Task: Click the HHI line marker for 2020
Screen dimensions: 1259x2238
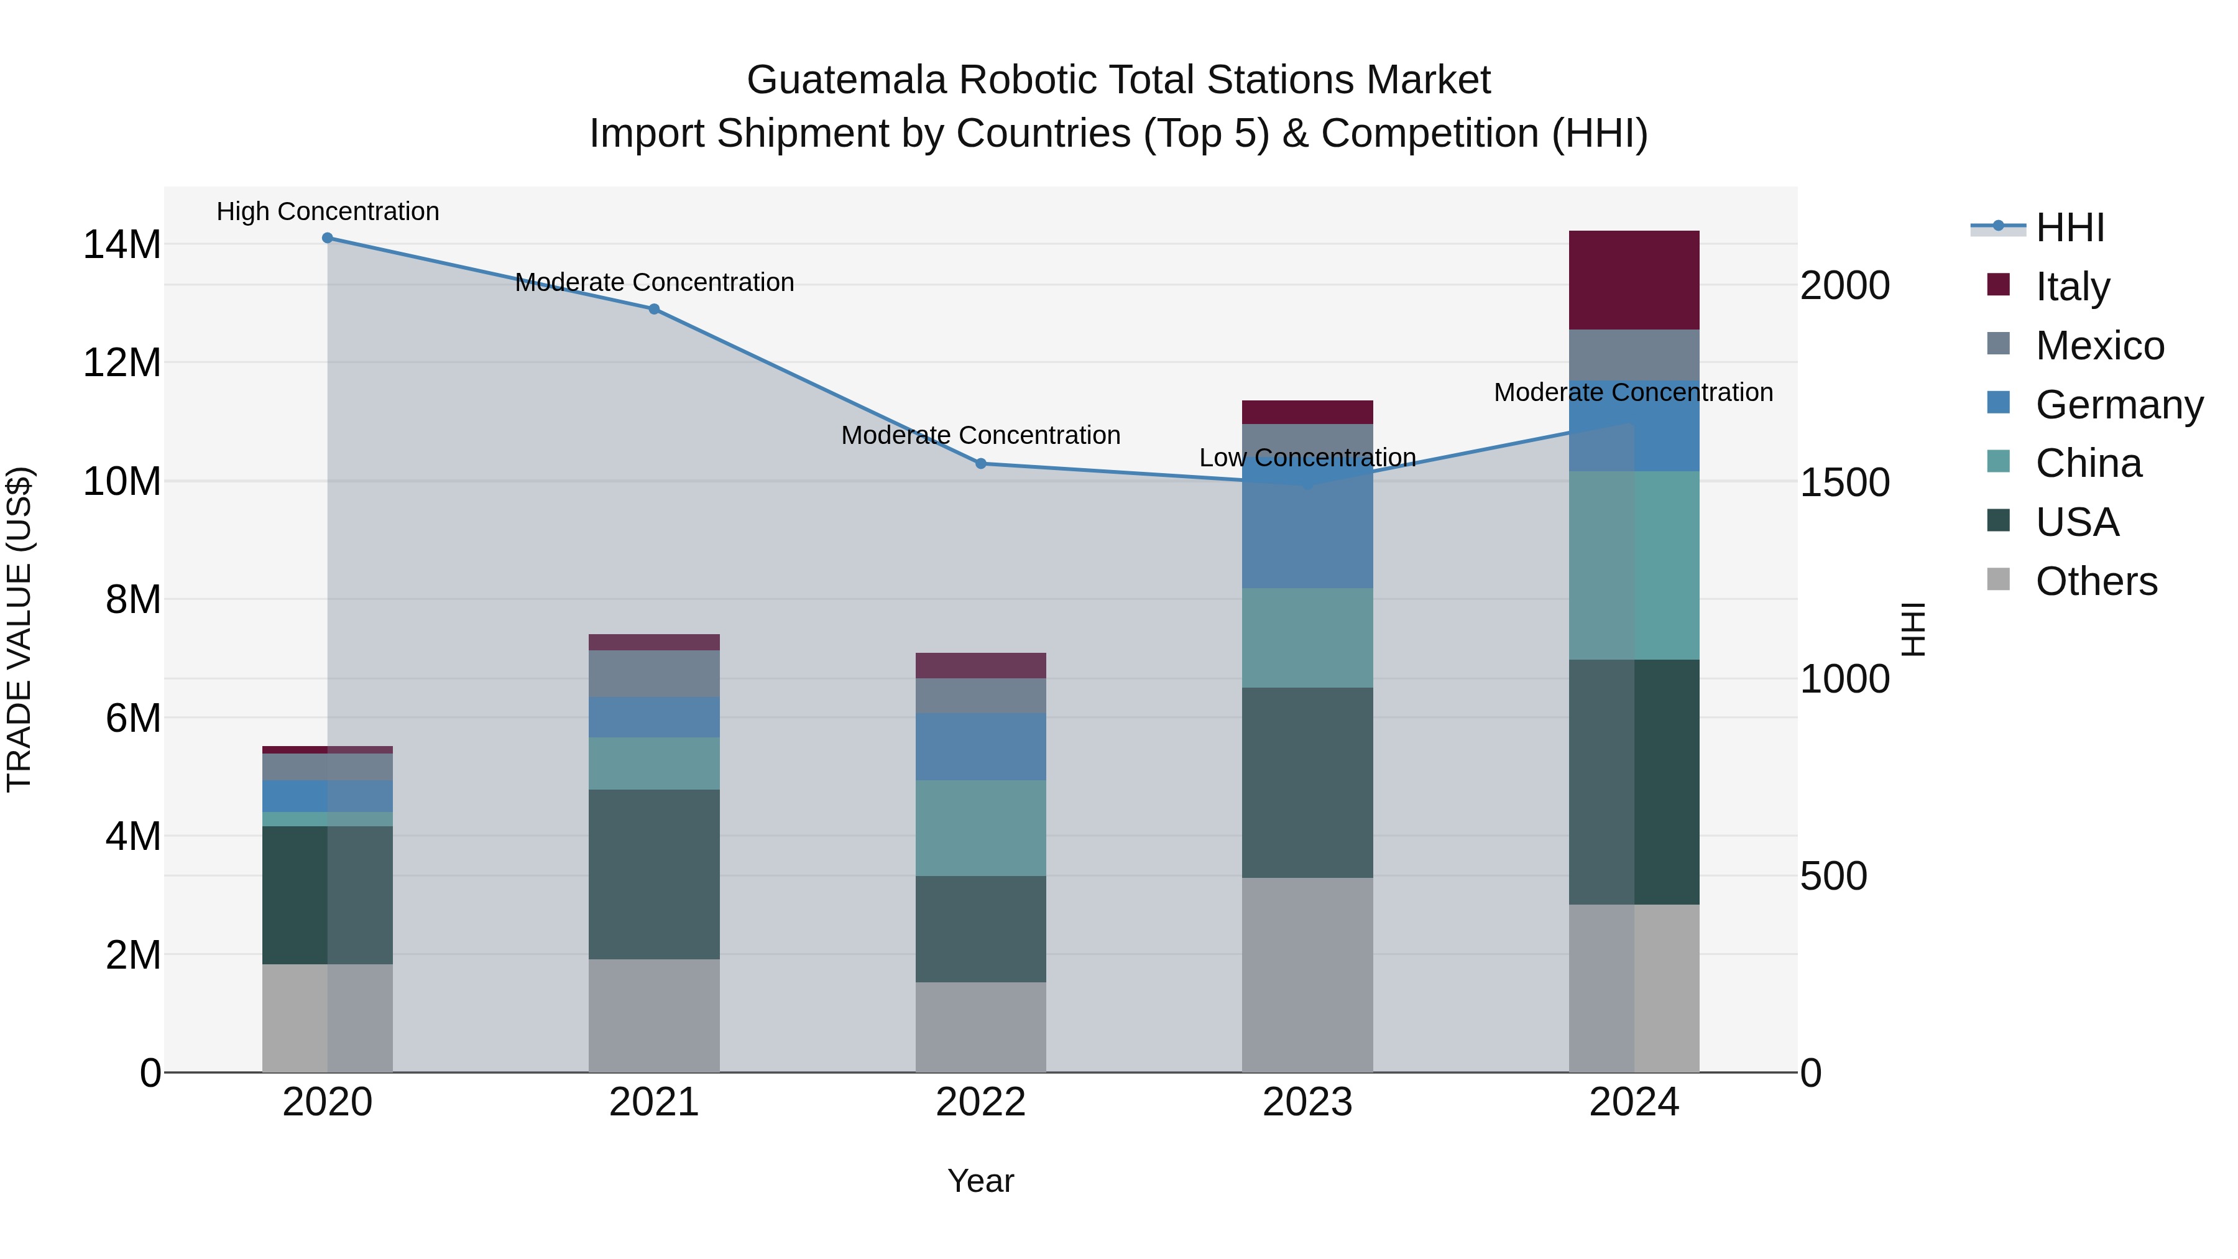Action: click(328, 238)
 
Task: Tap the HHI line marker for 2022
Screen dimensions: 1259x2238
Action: click(981, 463)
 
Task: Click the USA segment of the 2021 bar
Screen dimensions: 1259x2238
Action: click(654, 874)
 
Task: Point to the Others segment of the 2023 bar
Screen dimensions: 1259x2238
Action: click(1307, 974)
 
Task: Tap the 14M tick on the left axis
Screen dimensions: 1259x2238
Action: click(122, 244)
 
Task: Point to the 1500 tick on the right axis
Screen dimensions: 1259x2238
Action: click(1844, 482)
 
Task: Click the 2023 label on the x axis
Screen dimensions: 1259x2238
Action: click(1307, 1102)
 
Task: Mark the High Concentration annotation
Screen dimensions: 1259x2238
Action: click(328, 211)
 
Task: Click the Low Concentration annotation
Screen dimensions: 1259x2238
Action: click(1307, 457)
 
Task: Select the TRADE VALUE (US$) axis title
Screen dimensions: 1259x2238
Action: click(19, 629)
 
